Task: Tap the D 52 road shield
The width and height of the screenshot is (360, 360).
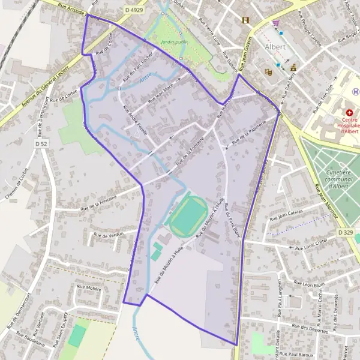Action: pos(41,144)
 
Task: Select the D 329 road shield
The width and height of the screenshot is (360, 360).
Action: pos(345,232)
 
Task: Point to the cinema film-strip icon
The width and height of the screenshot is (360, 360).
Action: pos(245,20)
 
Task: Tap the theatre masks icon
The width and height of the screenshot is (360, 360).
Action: pos(269,71)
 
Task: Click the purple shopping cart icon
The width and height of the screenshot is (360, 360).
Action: pos(275,23)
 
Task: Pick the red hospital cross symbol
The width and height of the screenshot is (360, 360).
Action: pos(349,112)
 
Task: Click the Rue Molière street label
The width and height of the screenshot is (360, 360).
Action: pos(89,287)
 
